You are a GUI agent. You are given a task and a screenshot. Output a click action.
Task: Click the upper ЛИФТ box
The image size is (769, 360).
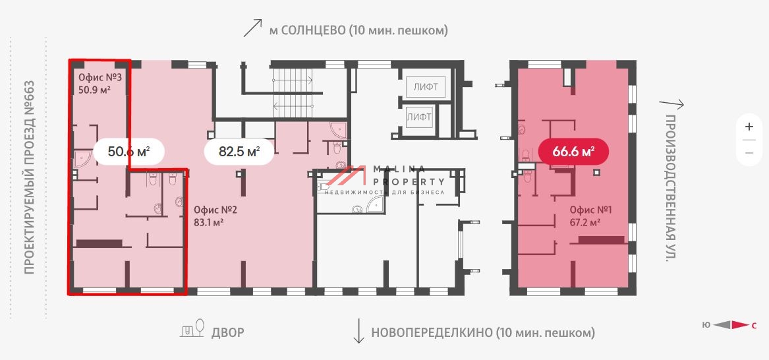tap(425, 86)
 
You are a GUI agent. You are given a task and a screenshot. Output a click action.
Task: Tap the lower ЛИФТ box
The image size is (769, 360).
tap(419, 117)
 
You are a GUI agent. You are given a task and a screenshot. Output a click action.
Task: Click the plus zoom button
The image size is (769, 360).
tap(749, 127)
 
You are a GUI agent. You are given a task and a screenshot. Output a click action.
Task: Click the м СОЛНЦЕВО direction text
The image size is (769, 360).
tap(358, 30)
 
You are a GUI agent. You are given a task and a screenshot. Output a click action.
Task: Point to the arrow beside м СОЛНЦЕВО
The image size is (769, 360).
tap(253, 28)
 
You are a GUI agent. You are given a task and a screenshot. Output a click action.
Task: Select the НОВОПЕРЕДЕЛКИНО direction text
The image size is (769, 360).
tap(482, 332)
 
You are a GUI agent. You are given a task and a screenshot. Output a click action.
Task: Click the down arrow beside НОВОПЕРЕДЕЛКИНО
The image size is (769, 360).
tap(359, 331)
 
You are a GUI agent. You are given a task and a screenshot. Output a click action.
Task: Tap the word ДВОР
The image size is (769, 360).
tap(227, 332)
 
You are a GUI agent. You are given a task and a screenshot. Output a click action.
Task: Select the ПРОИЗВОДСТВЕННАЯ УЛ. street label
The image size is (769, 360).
tap(670, 188)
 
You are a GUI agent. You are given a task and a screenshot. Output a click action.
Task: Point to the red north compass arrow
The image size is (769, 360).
tap(741, 324)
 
